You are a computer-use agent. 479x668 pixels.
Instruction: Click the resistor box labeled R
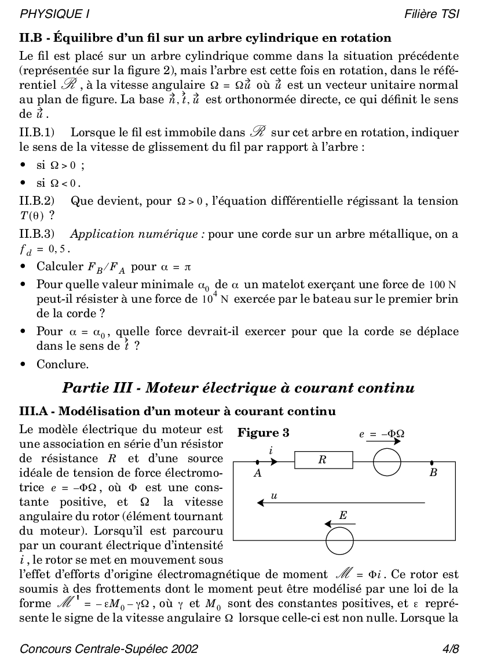coord(323,461)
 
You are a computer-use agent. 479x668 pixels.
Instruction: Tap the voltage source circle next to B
coord(386,462)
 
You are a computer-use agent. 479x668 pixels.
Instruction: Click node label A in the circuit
coord(257,473)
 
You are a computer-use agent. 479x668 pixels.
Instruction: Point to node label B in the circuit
coord(433,473)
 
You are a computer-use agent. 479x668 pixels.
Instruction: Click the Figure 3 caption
coord(264,433)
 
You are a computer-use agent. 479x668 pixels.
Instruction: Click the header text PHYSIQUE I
coord(55,13)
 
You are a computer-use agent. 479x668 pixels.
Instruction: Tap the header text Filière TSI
coord(432,13)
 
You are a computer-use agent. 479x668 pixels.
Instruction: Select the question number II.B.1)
coord(37,133)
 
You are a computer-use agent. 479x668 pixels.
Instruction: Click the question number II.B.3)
coord(37,235)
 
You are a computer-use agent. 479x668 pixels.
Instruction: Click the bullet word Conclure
coord(63,365)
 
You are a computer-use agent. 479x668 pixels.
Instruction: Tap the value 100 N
coord(443,285)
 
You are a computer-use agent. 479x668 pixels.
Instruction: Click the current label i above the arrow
coord(270,451)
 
